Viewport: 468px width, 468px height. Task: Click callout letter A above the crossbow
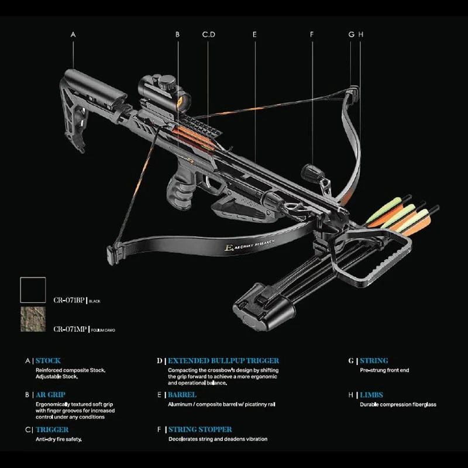tap(73, 35)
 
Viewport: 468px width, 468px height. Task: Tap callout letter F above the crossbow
tap(312, 35)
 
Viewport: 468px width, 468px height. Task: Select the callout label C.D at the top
tap(209, 35)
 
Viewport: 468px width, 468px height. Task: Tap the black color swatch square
tap(33, 290)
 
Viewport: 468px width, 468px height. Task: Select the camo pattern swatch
tap(33, 320)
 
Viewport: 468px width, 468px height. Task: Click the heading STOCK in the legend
tap(48, 361)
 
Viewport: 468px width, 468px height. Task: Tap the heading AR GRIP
tap(50, 395)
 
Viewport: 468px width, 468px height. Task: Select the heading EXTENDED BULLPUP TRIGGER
tap(223, 361)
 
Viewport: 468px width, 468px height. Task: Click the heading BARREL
tap(183, 395)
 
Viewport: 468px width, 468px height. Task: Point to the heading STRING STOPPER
tap(200, 429)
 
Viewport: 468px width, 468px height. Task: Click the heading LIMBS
tap(371, 395)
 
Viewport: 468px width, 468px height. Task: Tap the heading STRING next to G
tap(374, 361)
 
